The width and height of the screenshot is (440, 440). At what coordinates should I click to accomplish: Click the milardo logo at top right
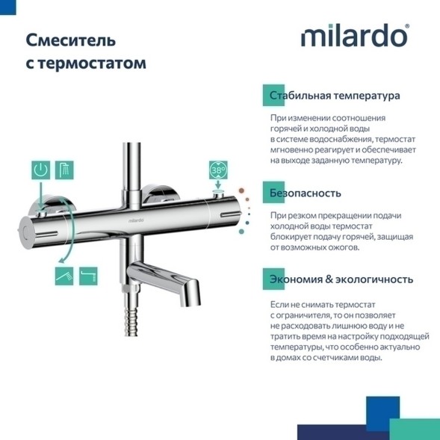click(x=354, y=36)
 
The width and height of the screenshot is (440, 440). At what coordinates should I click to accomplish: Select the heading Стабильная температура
click(x=335, y=96)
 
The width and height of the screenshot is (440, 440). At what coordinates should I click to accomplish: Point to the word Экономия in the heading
click(x=295, y=279)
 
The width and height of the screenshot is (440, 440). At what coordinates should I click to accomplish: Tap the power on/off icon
click(x=43, y=170)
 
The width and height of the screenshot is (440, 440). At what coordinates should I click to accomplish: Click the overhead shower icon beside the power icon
click(x=64, y=170)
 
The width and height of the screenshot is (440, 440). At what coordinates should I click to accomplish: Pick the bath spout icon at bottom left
click(x=88, y=277)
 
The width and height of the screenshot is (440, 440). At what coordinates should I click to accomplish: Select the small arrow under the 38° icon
click(x=217, y=192)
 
